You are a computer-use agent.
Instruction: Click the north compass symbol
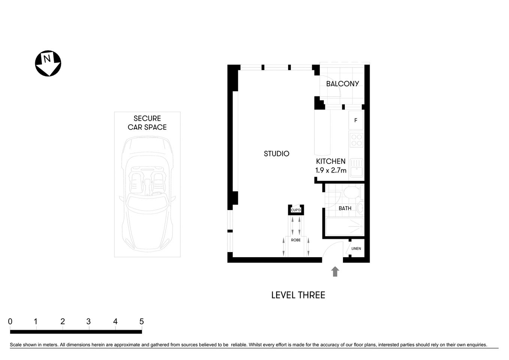point(48,63)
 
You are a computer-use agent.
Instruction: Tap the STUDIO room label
point(276,154)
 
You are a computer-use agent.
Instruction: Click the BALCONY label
point(342,84)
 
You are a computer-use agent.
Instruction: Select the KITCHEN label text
point(331,161)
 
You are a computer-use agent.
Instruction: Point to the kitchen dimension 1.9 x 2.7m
point(331,170)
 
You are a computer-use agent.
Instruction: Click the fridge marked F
point(356,120)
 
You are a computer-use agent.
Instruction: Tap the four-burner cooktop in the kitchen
point(356,140)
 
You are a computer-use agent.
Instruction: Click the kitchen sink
point(356,168)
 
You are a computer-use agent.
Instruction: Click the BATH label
point(345,208)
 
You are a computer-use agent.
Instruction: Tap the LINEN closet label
point(356,249)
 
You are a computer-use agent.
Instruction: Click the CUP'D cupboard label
point(296,210)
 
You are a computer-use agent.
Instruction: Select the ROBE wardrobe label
point(296,240)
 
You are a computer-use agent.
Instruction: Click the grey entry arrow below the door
point(335,271)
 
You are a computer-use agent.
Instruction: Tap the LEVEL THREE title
point(298,295)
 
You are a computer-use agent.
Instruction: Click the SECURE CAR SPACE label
point(147,123)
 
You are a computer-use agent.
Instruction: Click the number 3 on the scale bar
point(88,322)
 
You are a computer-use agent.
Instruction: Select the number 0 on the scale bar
point(10,322)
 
